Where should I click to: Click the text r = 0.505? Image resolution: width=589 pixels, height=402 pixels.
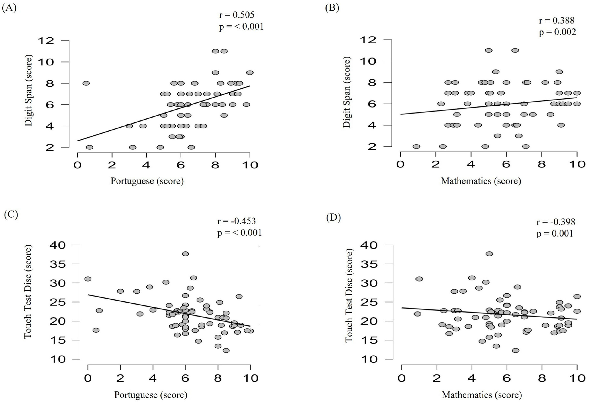click(237, 15)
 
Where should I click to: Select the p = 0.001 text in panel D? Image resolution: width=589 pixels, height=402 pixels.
click(555, 233)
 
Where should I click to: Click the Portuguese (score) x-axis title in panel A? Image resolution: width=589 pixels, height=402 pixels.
click(147, 181)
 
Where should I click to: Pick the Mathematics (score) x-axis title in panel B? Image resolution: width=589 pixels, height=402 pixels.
click(481, 181)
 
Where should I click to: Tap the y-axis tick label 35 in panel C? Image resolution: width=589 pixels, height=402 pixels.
click(58, 264)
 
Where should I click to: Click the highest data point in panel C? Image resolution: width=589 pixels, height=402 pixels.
click(186, 254)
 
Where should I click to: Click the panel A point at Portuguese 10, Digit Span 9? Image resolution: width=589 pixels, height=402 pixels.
click(250, 73)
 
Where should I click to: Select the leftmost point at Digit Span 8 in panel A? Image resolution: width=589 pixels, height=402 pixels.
click(86, 83)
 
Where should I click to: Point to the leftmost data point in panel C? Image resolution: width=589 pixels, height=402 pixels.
click(88, 279)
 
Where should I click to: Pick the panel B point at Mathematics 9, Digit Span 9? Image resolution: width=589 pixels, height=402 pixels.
click(559, 72)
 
